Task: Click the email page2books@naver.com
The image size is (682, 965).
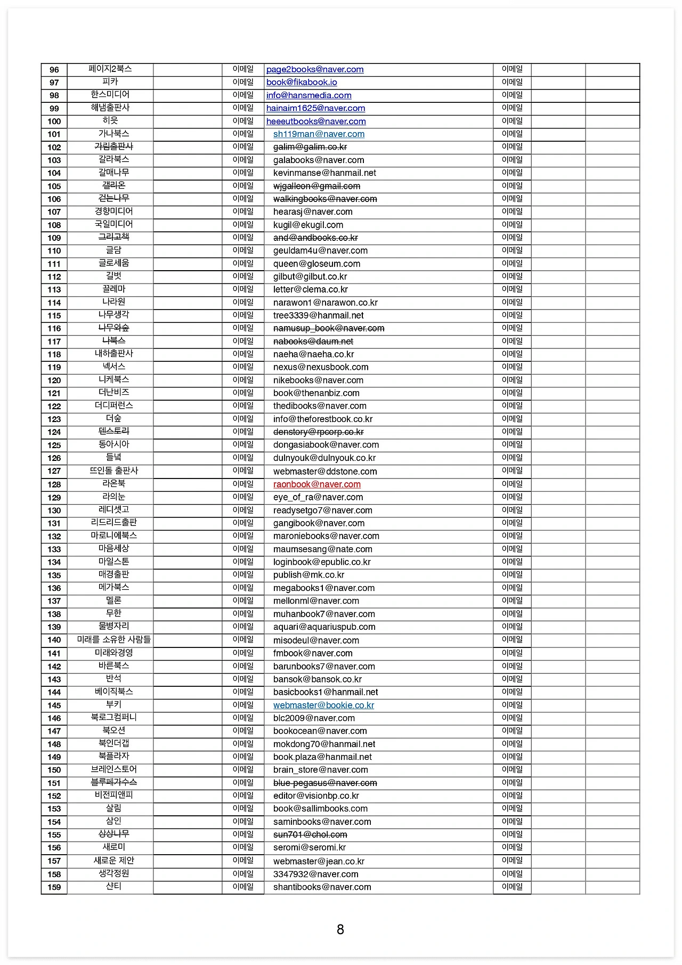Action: (314, 69)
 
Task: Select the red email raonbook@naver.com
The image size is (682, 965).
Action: (316, 484)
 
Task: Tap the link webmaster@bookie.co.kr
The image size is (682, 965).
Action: (323, 705)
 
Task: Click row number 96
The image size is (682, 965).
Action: (54, 70)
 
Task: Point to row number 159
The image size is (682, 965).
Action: (54, 887)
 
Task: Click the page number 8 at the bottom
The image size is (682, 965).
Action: (340, 929)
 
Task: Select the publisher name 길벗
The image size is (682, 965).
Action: (113, 276)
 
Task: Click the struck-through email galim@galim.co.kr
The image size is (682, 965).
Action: (310, 147)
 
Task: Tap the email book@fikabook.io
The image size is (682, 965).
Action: (302, 82)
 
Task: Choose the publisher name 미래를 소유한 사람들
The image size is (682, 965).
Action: (113, 639)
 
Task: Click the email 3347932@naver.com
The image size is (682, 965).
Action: (315, 874)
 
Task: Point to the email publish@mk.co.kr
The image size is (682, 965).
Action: (308, 575)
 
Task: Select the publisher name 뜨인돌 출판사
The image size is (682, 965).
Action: (113, 471)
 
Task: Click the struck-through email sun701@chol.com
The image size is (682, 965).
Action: (310, 835)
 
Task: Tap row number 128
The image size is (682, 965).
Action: (54, 484)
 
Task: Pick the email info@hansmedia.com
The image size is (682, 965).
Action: (308, 95)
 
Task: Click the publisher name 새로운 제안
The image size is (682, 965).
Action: (113, 861)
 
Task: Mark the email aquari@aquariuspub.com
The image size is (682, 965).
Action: (324, 627)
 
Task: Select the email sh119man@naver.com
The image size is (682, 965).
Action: (319, 134)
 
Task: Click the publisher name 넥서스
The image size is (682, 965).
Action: (113, 367)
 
